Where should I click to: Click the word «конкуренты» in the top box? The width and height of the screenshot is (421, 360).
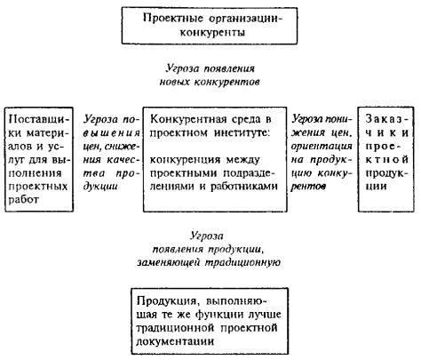point(212,33)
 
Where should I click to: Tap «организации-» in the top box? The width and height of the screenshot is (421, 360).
point(246,19)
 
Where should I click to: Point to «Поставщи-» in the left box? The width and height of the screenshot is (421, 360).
point(38,119)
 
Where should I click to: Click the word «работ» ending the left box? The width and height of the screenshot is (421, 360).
point(24,199)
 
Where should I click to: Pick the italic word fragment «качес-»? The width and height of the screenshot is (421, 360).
point(123,160)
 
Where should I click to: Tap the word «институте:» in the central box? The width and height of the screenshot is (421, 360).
point(242,132)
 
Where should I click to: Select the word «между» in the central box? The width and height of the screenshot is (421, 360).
point(243,160)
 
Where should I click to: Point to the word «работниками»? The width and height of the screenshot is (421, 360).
point(244,187)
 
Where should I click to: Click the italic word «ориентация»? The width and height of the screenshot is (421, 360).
point(322,147)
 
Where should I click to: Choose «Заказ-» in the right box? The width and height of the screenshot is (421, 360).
point(387,119)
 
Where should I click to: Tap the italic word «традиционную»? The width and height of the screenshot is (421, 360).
point(242,263)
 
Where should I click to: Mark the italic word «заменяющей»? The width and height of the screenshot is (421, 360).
point(169,263)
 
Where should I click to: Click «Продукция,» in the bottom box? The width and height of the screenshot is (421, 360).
point(167,301)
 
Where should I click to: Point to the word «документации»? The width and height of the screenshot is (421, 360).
point(175,341)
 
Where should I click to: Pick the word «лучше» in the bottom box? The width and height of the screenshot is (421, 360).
point(265,315)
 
